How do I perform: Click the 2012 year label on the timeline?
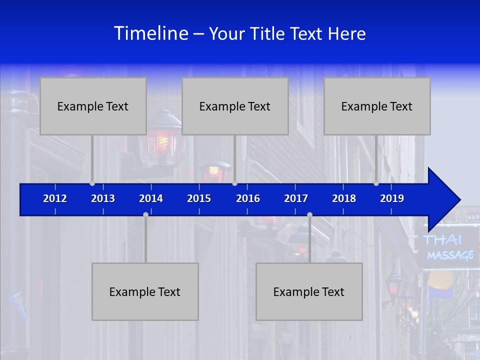tap(55, 198)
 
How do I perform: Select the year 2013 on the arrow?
tap(103, 198)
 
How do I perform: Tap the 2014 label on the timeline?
tap(151, 198)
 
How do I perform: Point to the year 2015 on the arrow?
tap(199, 198)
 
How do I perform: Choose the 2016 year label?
tap(248, 198)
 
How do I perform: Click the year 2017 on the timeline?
tap(296, 198)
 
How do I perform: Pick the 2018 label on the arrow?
tap(344, 198)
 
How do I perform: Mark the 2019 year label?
tap(392, 198)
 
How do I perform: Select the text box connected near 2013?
tap(93, 106)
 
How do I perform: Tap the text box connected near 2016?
tap(235, 106)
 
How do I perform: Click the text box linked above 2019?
tap(377, 106)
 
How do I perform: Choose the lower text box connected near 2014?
tap(145, 291)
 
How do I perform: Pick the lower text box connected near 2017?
tap(309, 291)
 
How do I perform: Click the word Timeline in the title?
tap(151, 33)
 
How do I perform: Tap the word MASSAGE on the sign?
tap(450, 255)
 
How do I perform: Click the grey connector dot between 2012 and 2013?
tap(92, 183)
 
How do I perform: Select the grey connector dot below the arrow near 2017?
tap(309, 214)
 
